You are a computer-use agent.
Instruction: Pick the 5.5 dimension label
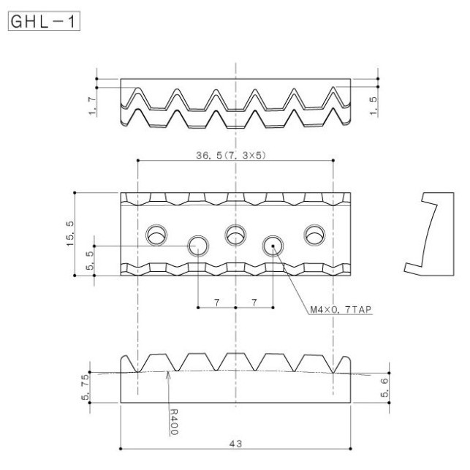90,261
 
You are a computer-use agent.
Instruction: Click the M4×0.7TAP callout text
341,309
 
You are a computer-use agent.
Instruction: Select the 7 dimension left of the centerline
216,300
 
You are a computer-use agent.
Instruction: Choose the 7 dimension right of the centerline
254,300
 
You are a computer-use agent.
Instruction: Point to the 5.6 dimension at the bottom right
384,387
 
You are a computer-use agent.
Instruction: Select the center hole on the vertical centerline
235,235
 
